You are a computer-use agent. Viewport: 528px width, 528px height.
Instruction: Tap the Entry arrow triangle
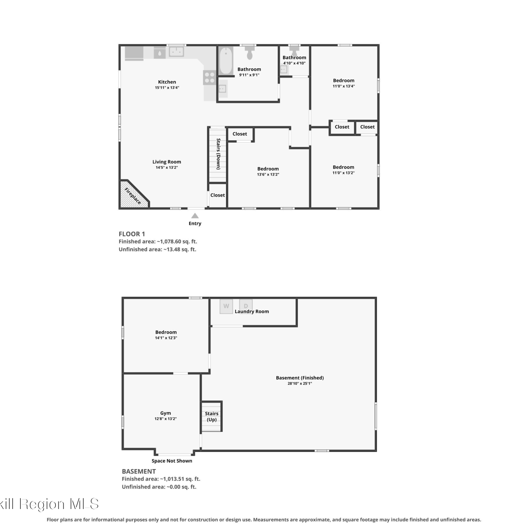pyautogui.click(x=195, y=216)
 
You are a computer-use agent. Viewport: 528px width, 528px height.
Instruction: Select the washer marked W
pyautogui.click(x=226, y=306)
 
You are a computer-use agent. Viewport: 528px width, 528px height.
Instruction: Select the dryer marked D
pyautogui.click(x=246, y=305)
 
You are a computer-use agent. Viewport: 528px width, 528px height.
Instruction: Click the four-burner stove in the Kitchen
pyautogui.click(x=209, y=78)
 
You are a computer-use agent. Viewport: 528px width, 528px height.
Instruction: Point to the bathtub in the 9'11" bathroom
pyautogui.click(x=226, y=61)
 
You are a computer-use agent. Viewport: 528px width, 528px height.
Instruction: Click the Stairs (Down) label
pyautogui.click(x=218, y=154)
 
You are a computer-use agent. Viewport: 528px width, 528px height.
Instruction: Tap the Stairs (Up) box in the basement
pyautogui.click(x=212, y=416)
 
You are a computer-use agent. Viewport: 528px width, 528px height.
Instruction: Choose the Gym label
pyautogui.click(x=165, y=413)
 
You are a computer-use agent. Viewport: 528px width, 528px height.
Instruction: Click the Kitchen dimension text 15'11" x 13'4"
pyautogui.click(x=167, y=88)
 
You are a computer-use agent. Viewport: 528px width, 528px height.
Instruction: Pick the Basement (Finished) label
pyautogui.click(x=300, y=378)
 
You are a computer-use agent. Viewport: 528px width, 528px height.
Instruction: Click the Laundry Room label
pyautogui.click(x=252, y=312)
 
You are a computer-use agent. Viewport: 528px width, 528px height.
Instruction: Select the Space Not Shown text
pyautogui.click(x=172, y=461)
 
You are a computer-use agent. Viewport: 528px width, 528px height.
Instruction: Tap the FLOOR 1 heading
pyautogui.click(x=132, y=234)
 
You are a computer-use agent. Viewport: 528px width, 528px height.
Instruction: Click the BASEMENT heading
pyautogui.click(x=139, y=471)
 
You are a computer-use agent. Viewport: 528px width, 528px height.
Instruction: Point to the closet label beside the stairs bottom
pyautogui.click(x=218, y=195)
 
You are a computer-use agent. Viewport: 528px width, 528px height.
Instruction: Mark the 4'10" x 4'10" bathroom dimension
pyautogui.click(x=294, y=63)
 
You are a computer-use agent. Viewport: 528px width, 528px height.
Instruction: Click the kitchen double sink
pyautogui.click(x=176, y=52)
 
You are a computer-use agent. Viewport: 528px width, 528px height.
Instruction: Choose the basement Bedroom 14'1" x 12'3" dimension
pyautogui.click(x=166, y=338)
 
